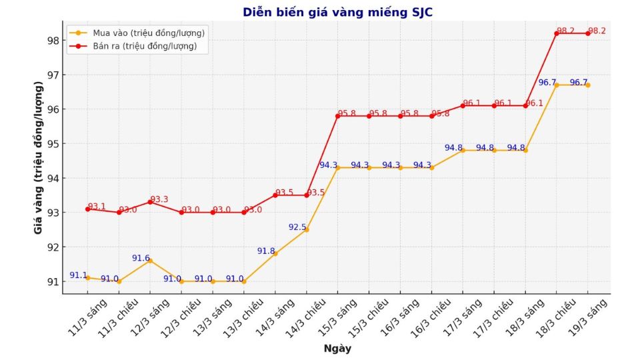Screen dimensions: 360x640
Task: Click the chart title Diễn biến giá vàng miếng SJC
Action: [341, 12]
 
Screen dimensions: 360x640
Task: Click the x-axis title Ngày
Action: [337, 349]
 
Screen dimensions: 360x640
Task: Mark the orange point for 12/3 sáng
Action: [150, 260]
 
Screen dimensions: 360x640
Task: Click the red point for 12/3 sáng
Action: [150, 202]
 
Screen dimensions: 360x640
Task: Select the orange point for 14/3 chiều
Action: [307, 229]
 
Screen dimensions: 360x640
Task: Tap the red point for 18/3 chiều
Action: [557, 33]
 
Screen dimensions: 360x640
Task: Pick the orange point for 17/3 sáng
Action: [463, 150]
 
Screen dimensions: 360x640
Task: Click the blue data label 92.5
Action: [297, 227]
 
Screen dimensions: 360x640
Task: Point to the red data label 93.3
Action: [159, 199]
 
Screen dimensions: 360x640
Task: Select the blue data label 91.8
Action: [266, 251]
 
